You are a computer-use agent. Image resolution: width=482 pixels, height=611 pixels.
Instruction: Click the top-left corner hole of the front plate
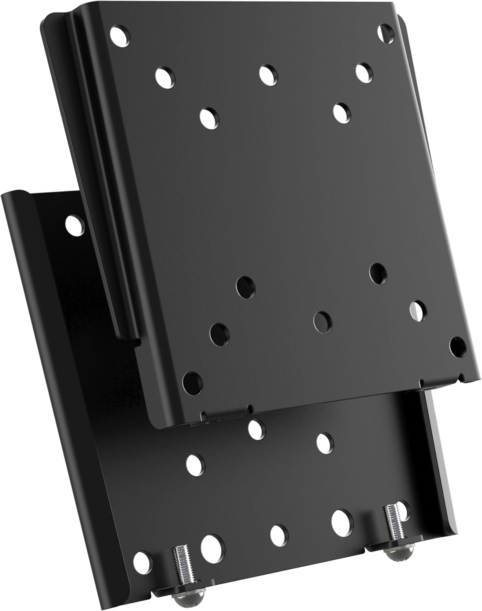[121, 36]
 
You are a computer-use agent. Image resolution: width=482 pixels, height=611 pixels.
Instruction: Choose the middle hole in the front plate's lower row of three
[322, 321]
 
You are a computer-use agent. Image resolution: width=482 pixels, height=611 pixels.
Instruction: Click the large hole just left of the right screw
[341, 520]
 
